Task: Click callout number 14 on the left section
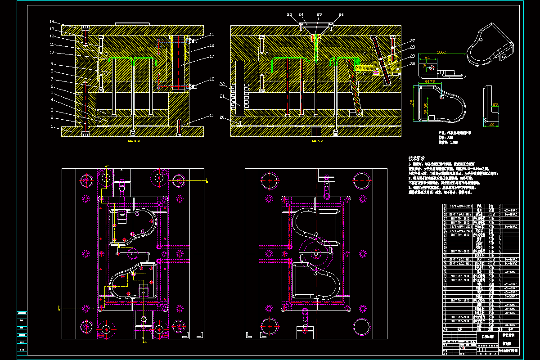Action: [52, 22]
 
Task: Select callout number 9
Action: [52, 63]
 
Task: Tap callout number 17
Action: [211, 56]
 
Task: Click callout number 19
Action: [211, 115]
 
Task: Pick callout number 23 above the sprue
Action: [289, 14]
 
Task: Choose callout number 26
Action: [341, 14]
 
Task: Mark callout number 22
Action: [222, 84]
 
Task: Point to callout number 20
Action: [222, 117]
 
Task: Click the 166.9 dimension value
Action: [443, 52]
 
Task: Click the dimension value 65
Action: [427, 57]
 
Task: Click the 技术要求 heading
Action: [417, 159]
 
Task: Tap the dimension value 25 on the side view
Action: [495, 104]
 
